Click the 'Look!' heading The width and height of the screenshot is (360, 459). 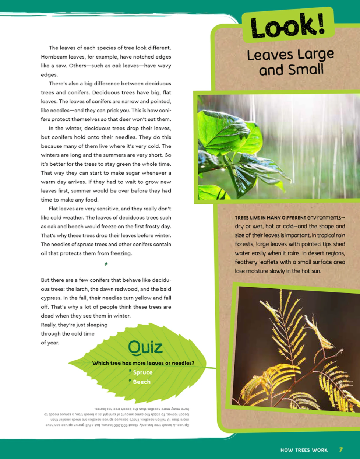pos(287,26)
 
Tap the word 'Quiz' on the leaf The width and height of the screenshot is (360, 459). pos(145,347)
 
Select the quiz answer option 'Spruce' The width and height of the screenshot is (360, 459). pos(142,372)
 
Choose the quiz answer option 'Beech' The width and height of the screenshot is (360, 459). pos(142,382)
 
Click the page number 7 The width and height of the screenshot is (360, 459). pos(341,449)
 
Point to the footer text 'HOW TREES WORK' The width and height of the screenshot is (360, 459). pos(304,450)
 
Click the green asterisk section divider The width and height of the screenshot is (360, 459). pos(106,264)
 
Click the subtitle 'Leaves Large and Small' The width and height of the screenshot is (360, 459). pos(290,62)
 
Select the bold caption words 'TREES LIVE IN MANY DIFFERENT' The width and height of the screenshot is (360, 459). pos(271,218)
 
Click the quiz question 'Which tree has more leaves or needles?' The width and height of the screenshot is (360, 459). pos(143,363)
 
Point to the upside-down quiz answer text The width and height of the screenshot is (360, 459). pos(116,417)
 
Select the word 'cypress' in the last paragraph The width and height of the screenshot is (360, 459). pos(51,298)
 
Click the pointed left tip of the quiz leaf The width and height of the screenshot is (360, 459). pos(70,363)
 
